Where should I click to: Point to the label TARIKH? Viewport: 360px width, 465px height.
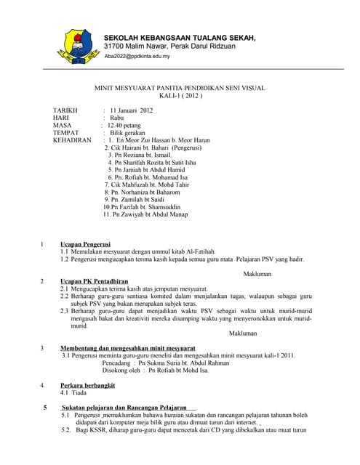pyautogui.click(x=65, y=110)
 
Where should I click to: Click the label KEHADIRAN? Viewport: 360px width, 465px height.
pyautogui.click(x=72, y=140)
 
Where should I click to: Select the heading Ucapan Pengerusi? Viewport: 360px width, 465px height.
pyautogui.click(x=85, y=243)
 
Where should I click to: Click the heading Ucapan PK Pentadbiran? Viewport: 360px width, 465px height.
pyautogui.click(x=94, y=280)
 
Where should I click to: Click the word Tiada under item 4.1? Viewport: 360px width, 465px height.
pyautogui.click(x=79, y=392)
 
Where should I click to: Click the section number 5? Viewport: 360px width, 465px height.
pyautogui.click(x=46, y=407)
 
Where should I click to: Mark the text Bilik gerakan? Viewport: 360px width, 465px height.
pyautogui.click(x=128, y=132)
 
